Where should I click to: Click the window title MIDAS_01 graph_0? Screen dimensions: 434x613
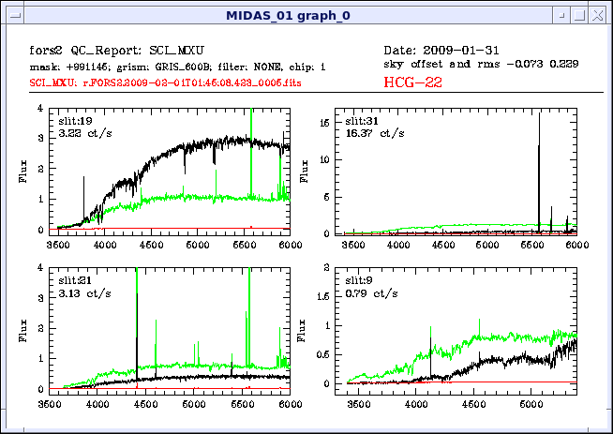306,15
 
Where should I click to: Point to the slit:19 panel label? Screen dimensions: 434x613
75,122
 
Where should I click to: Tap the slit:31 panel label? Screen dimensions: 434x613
362,122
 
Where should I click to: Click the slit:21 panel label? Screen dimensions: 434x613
75,280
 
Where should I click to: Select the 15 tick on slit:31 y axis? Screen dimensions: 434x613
321,122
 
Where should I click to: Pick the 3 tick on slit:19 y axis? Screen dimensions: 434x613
39,139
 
